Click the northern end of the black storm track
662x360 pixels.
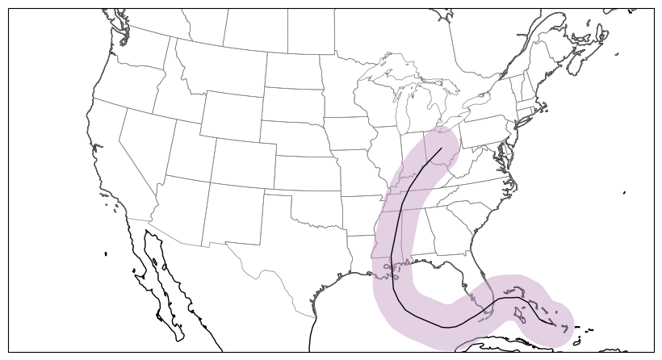click(442, 149)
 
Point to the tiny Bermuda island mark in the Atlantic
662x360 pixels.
click(625, 193)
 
